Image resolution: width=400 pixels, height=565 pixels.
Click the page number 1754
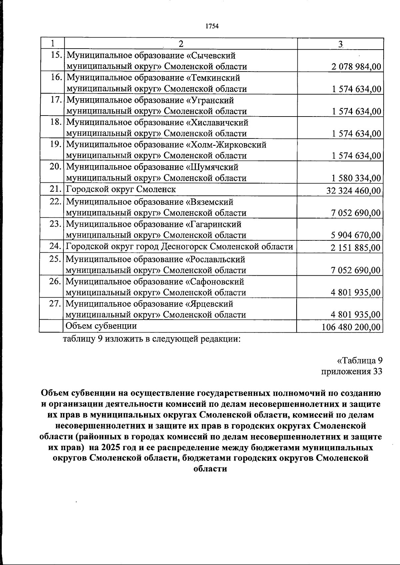(x=212, y=26)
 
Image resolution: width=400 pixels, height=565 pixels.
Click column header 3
(x=340, y=44)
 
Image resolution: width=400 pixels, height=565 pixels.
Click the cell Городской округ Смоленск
(x=121, y=189)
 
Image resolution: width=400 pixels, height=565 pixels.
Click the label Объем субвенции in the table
(x=101, y=326)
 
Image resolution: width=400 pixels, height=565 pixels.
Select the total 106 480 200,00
(x=351, y=327)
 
